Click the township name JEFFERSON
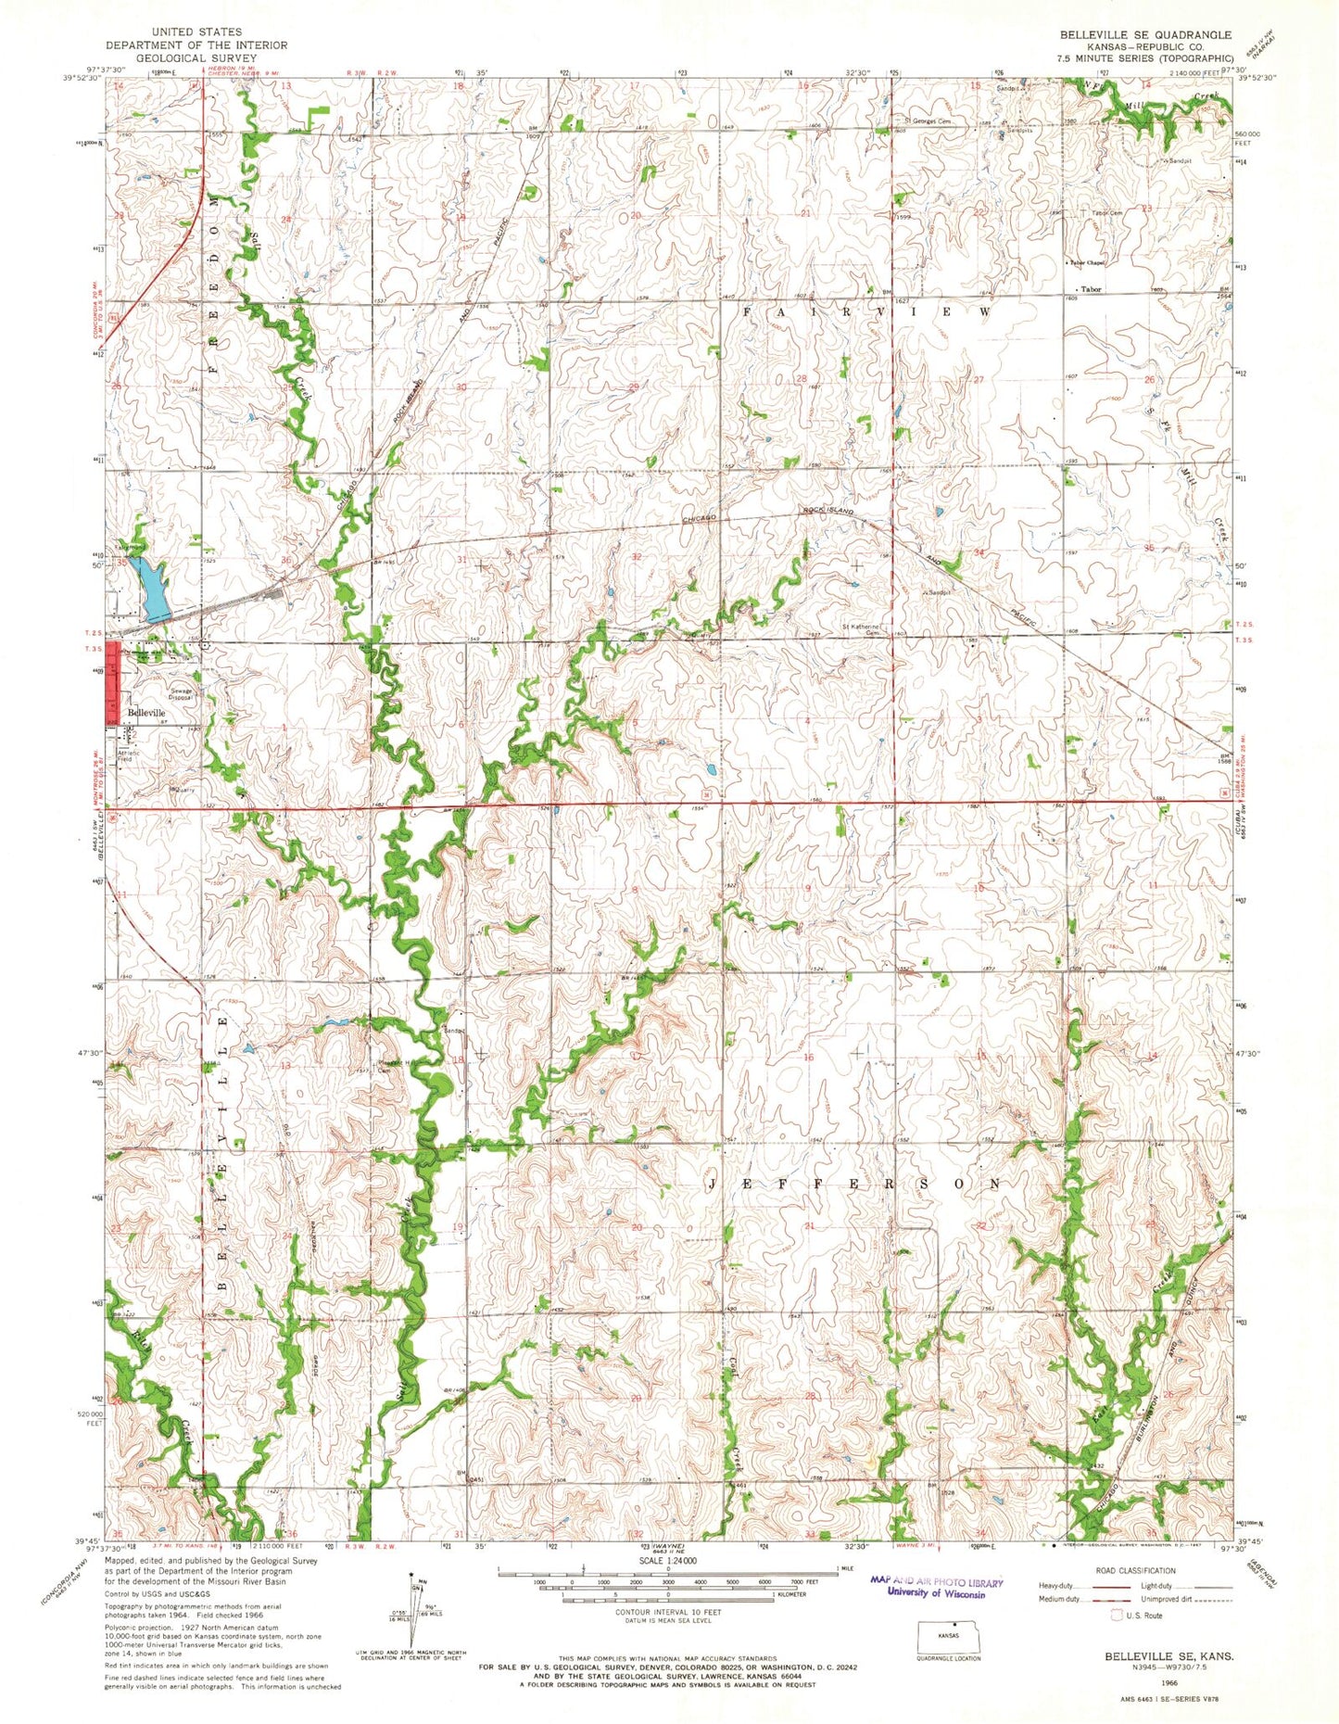coord(854,1185)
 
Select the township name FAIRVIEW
coord(866,313)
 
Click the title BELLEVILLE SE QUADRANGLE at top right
coord(1146,34)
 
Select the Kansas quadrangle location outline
coord(947,1636)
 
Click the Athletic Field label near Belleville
coord(129,755)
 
